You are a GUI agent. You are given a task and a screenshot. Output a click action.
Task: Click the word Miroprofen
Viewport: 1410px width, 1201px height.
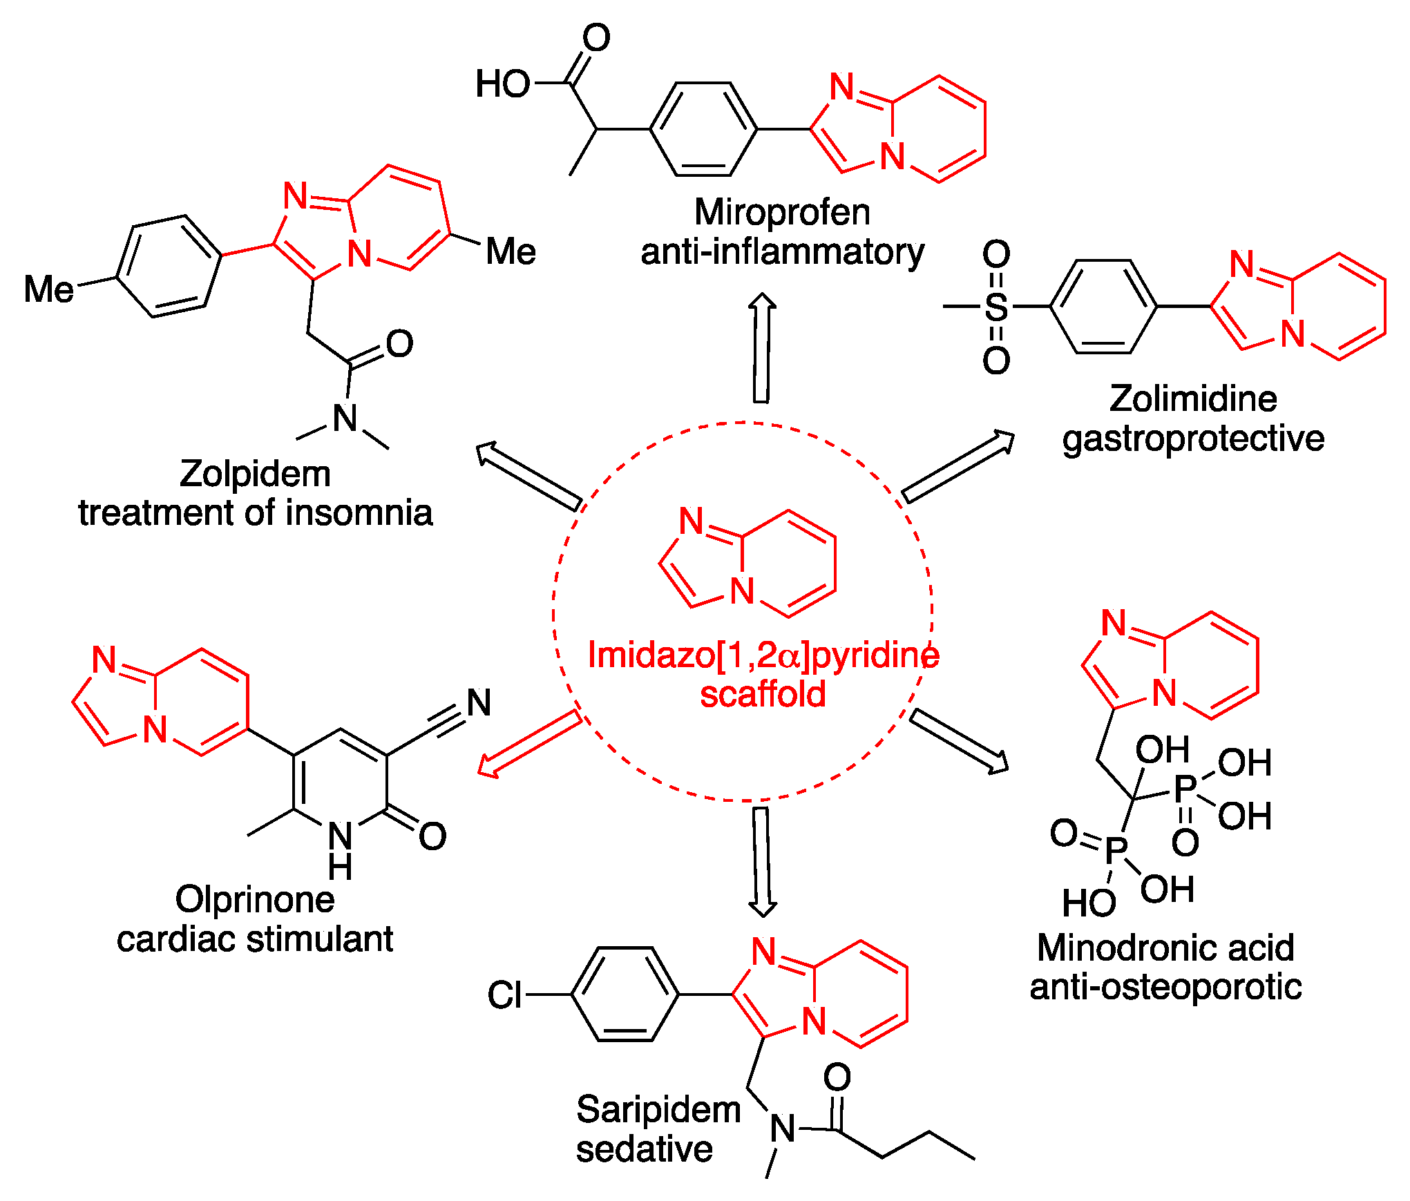[x=782, y=212]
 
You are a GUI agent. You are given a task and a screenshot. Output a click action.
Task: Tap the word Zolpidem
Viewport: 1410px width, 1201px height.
[x=255, y=474]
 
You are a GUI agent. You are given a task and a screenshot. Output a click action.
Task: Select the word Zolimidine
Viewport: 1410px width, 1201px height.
[x=1193, y=398]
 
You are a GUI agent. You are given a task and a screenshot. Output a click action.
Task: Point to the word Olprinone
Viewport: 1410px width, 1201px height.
[x=255, y=900]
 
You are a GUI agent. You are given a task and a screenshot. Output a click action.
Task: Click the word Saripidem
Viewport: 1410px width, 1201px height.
[x=658, y=1110]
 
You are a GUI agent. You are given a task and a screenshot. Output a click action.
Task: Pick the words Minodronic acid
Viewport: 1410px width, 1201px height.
[x=1165, y=948]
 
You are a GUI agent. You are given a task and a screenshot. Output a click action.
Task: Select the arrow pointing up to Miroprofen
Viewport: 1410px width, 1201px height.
[x=762, y=348]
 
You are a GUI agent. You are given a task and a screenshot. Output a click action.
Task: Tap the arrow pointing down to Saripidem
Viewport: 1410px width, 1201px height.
[x=762, y=861]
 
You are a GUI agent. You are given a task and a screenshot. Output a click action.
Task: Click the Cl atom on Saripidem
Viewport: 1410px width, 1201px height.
[x=504, y=995]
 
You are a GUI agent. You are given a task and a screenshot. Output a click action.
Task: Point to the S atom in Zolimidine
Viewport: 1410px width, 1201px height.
[x=995, y=307]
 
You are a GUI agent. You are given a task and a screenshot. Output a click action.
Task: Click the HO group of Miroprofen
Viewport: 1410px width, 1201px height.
[x=502, y=84]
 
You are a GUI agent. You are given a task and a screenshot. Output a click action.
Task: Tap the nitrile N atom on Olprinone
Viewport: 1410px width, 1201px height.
[x=479, y=703]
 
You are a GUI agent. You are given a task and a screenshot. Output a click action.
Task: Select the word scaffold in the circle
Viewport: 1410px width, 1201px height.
[x=763, y=694]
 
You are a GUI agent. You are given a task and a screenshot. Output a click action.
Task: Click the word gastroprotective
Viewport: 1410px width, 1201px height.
[x=1193, y=439]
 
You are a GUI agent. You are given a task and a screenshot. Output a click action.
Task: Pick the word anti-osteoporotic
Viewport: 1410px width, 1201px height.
[x=1165, y=987]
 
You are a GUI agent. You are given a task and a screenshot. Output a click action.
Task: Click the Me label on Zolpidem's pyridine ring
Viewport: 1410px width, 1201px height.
[x=511, y=251]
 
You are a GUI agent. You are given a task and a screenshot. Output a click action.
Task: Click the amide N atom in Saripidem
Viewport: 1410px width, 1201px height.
[x=783, y=1129]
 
